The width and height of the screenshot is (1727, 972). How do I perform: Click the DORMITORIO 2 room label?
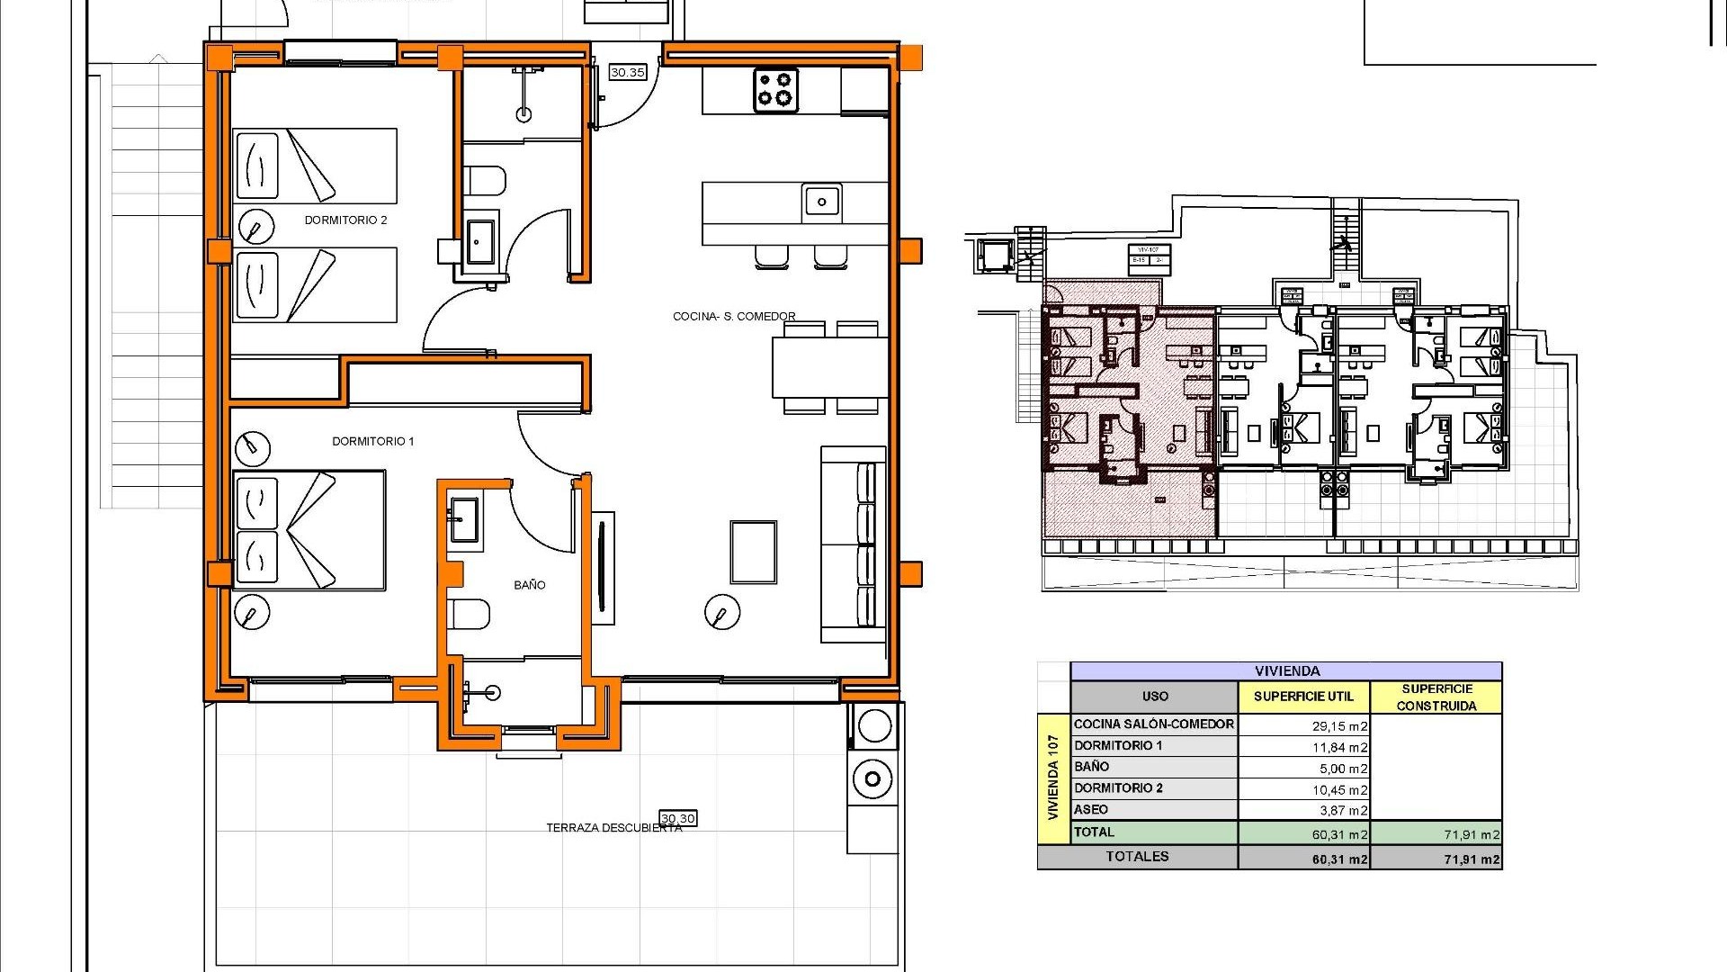pos(345,220)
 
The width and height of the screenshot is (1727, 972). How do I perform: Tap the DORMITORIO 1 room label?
pos(372,442)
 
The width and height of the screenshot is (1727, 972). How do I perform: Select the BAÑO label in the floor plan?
pos(529,585)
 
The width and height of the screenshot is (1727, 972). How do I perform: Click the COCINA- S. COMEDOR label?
pos(734,317)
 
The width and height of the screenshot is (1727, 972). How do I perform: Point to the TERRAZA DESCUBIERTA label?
pos(613,828)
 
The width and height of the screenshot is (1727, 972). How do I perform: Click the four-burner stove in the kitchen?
pos(775,90)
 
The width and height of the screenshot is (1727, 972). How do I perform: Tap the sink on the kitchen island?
pos(821,202)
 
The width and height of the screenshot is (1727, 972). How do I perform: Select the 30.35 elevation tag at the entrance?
pos(627,72)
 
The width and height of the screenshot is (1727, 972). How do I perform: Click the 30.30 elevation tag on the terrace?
pos(678,818)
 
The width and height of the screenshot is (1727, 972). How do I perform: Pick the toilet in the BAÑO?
pos(470,615)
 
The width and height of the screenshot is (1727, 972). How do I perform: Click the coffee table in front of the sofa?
pos(753,552)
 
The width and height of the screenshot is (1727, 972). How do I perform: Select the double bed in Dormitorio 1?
pos(309,530)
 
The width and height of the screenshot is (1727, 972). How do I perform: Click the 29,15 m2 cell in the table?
pos(1339,725)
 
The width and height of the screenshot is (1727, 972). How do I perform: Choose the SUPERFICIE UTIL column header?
pos(1303,697)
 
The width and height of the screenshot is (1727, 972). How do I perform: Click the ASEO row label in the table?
pos(1091,810)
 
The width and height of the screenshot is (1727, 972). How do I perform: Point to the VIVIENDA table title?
pos(1286,671)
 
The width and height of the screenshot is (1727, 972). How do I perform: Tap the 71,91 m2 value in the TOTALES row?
pos(1472,859)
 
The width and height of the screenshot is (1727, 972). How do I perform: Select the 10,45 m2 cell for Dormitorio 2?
pos(1339,790)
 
